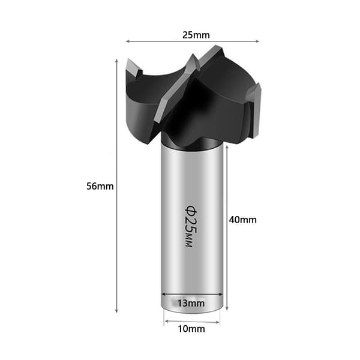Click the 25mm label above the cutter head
196,35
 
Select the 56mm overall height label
100,186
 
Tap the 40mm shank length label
242,220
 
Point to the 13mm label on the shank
191,303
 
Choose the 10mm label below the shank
191,329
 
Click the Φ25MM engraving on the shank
191,226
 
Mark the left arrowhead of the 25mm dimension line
128,41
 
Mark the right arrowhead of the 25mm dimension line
257,41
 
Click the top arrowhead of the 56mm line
116,61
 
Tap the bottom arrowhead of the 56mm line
116,311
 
